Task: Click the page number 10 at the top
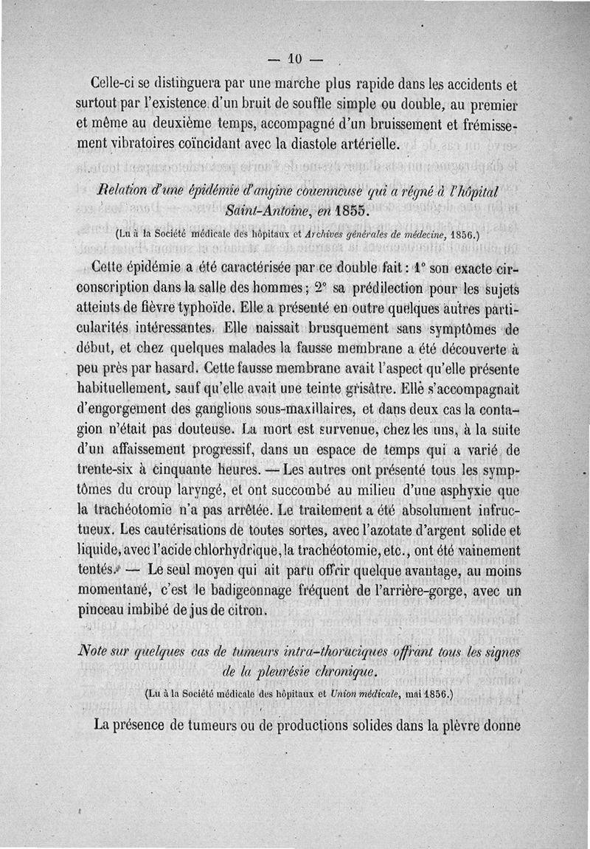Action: (296, 58)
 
